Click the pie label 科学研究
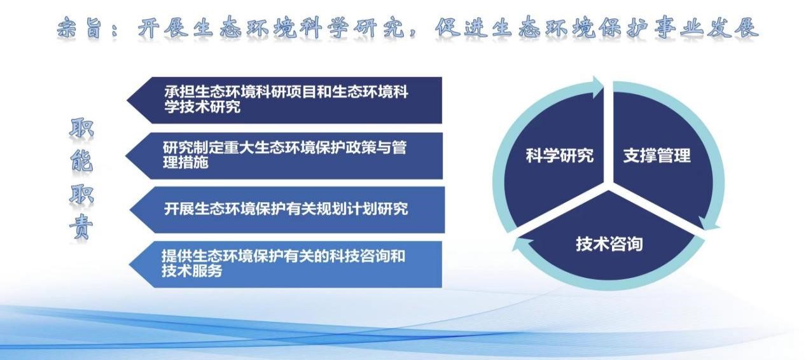pyautogui.click(x=560, y=156)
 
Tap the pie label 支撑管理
pyautogui.click(x=657, y=156)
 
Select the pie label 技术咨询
pyautogui.click(x=609, y=244)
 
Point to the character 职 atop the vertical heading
pyautogui.click(x=81, y=128)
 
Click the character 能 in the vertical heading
pyautogui.click(x=81, y=161)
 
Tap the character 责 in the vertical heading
pyautogui.click(x=81, y=226)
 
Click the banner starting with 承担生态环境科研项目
pyautogui.click(x=284, y=100)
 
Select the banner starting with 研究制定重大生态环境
pyautogui.click(x=284, y=155)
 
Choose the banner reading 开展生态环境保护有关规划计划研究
pyautogui.click(x=287, y=210)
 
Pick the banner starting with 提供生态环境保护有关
pyautogui.click(x=286, y=265)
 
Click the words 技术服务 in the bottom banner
pyautogui.click(x=191, y=271)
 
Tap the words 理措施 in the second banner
pyautogui.click(x=186, y=163)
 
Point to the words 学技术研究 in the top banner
pyautogui.click(x=202, y=107)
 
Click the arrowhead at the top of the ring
pyautogui.click(x=596, y=87)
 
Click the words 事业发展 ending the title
pyautogui.click(x=706, y=28)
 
